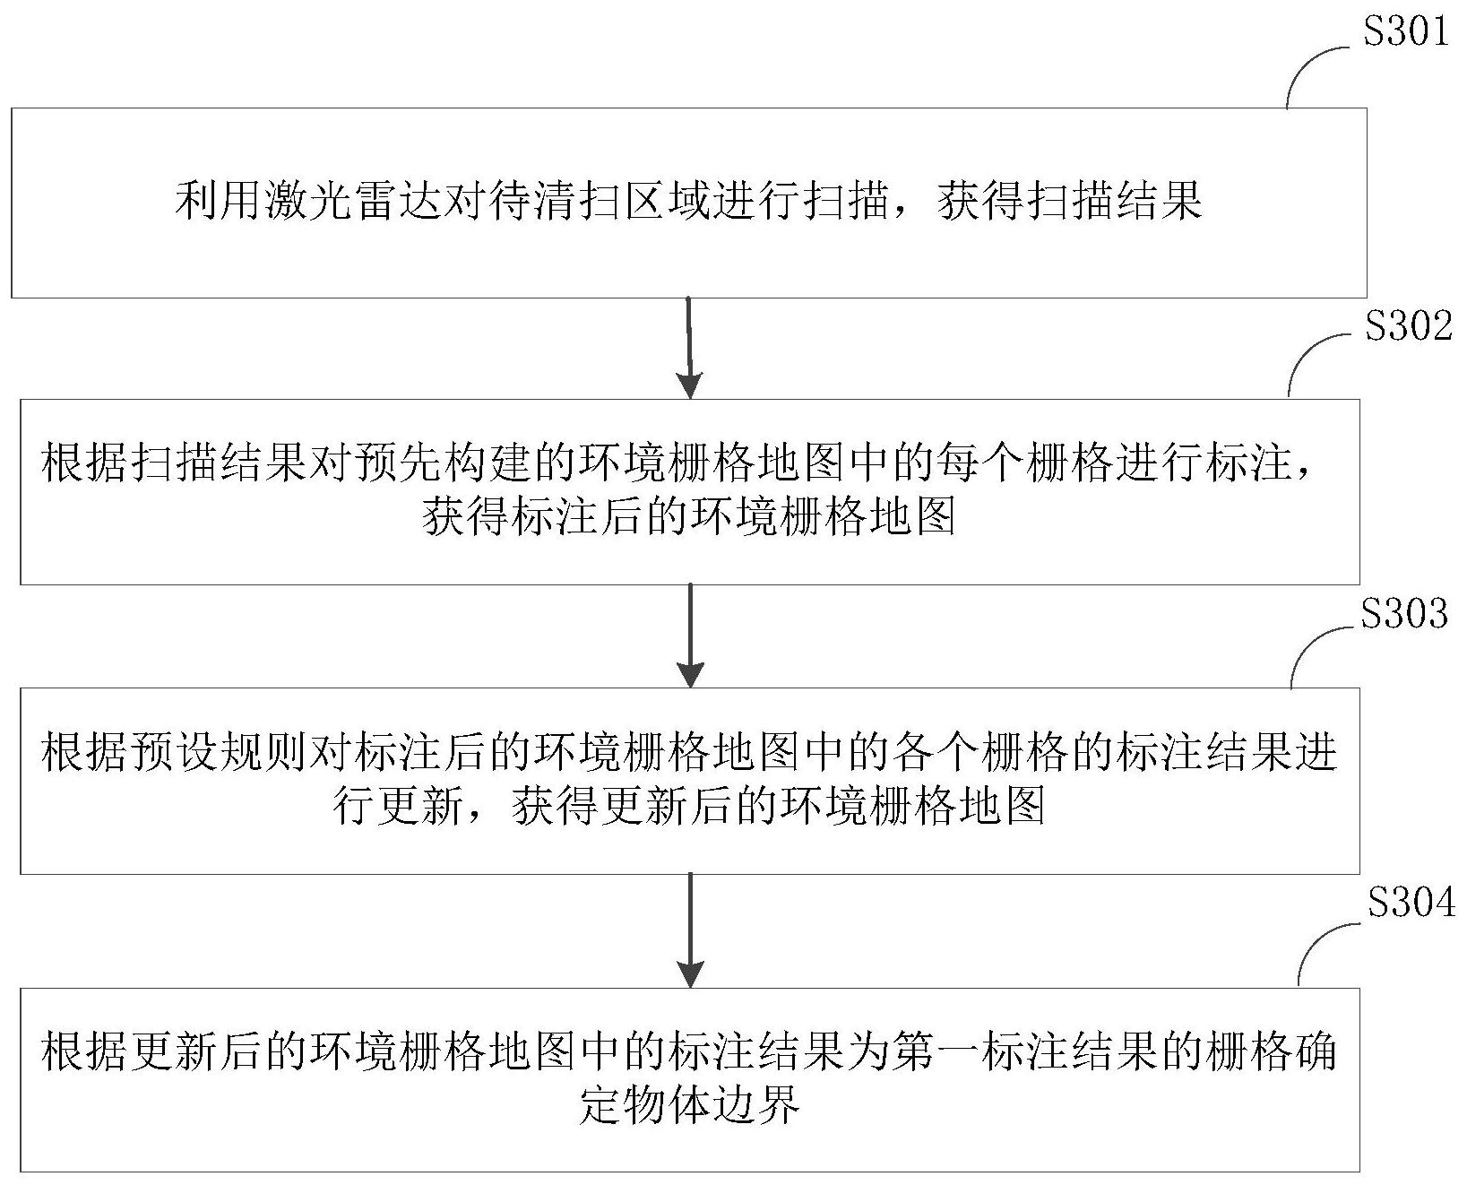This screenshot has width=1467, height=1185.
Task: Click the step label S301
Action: click(x=1404, y=32)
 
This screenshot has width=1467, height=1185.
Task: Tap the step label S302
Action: click(x=1408, y=326)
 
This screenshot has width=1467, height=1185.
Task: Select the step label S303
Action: click(x=1403, y=614)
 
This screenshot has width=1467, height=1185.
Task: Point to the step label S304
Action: click(x=1411, y=904)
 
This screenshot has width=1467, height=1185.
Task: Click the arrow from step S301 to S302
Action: click(x=688, y=348)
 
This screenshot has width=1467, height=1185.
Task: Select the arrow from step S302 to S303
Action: click(x=689, y=636)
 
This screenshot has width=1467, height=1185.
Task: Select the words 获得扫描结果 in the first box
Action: click(x=1070, y=202)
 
